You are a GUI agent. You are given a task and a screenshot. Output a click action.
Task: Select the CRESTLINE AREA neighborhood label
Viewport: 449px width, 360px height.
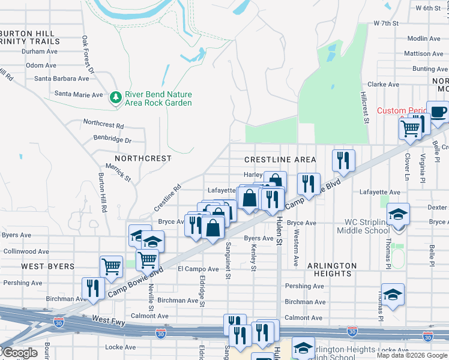pyautogui.click(x=280, y=160)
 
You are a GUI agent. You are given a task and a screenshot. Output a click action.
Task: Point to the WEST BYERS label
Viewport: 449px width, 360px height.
pyautogui.click(x=48, y=266)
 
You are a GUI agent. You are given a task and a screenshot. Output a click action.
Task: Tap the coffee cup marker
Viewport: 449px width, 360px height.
pyautogui.click(x=438, y=112)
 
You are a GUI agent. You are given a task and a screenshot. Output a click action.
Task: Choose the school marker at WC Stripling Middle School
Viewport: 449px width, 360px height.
pyautogui.click(x=398, y=214)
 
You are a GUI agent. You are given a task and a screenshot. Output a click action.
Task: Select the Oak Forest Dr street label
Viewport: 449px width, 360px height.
pyautogui.click(x=88, y=55)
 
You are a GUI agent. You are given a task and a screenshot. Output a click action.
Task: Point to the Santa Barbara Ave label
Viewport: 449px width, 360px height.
pyautogui.click(x=62, y=79)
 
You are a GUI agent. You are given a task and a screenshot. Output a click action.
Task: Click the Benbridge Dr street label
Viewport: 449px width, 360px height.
pyautogui.click(x=112, y=140)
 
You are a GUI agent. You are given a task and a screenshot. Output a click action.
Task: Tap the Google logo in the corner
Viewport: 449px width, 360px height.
pyautogui.click(x=19, y=353)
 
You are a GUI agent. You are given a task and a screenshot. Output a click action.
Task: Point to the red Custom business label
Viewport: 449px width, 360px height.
pyautogui.click(x=400, y=111)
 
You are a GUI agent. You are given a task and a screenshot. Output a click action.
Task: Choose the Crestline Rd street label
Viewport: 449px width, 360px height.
pyautogui.click(x=167, y=197)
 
